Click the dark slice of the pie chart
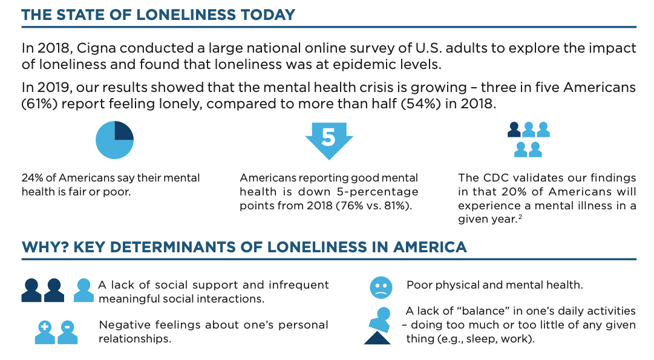[x=123, y=131]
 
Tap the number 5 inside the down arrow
[x=328, y=137]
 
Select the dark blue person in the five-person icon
[x=514, y=129]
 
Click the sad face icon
[x=381, y=287]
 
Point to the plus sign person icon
[x=45, y=332]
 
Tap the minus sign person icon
[x=67, y=332]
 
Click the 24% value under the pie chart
[x=33, y=178]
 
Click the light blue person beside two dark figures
[x=83, y=290]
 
